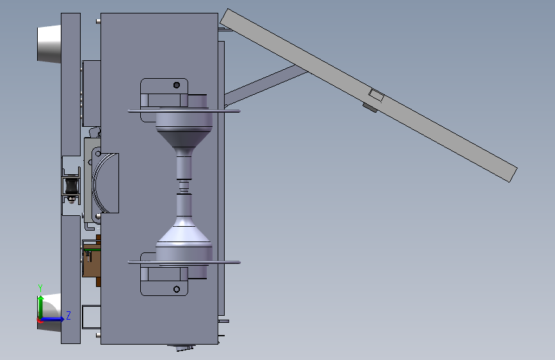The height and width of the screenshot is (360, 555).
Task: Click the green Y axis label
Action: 40,288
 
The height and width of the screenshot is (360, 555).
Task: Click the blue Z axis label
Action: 68,315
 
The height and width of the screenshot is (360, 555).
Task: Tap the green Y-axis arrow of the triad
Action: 41,307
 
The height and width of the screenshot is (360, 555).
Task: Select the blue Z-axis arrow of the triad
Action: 52,319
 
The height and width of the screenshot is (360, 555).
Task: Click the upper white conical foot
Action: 49,44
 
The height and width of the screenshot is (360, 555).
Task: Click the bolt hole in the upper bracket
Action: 177,85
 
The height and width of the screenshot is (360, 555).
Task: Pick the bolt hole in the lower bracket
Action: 177,290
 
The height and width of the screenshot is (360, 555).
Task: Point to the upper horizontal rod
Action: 184,111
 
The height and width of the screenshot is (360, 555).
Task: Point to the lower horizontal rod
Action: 184,263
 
